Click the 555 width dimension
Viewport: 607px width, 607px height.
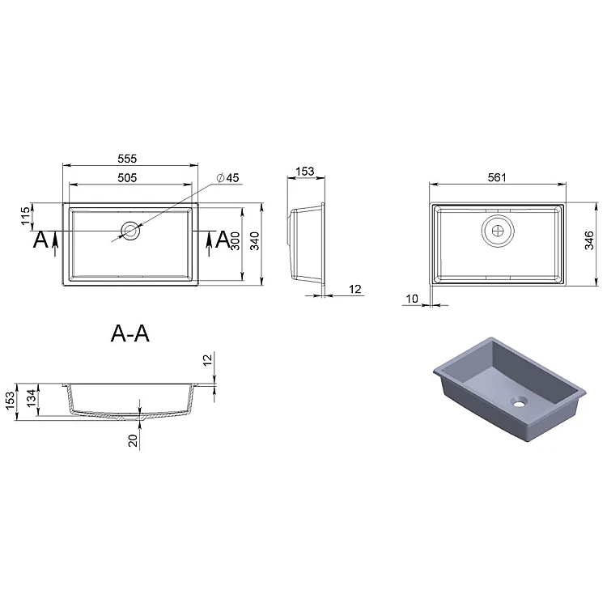(127, 159)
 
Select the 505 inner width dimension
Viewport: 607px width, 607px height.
(127, 178)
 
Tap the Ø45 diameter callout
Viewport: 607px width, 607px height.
(228, 178)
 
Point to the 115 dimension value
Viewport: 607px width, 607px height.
(25, 216)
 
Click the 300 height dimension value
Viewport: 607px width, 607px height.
(235, 241)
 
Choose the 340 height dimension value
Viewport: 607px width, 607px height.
(254, 241)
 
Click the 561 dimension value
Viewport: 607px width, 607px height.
(497, 177)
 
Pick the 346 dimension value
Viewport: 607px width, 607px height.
(589, 240)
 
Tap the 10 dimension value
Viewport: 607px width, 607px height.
(412, 299)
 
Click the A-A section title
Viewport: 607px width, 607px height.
(130, 333)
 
